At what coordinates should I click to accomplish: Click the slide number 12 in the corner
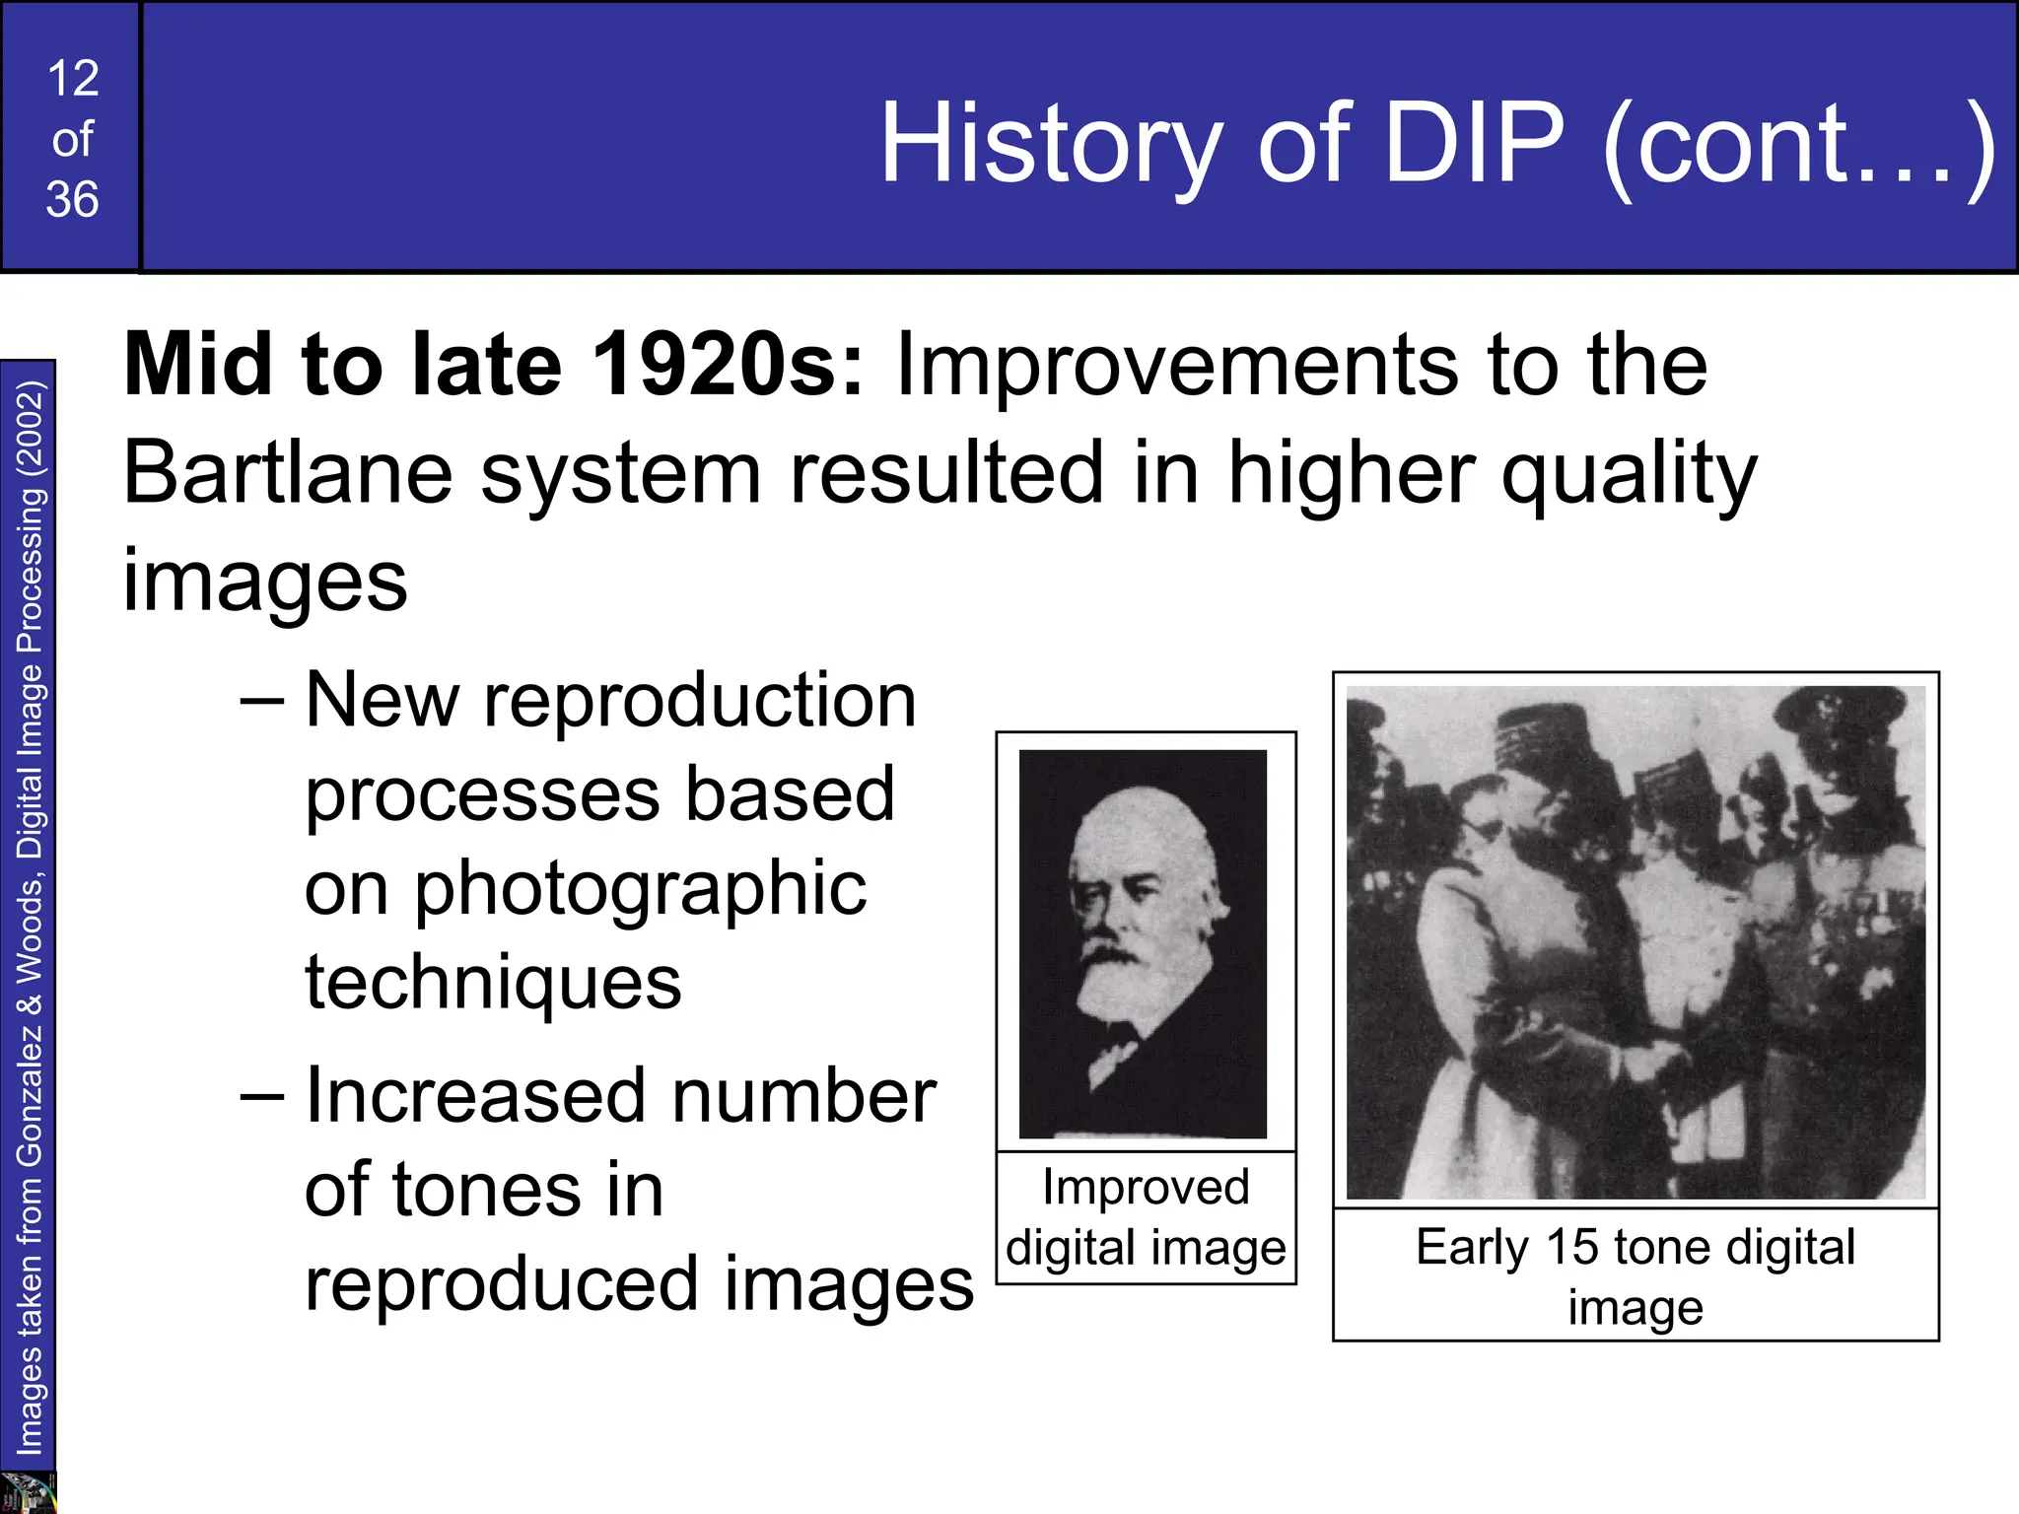pos(73,79)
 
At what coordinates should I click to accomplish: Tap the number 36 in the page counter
pos(72,200)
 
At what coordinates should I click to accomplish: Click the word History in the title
pos(1051,146)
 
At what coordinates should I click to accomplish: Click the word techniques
pos(493,983)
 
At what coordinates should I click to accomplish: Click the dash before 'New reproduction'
pos(262,702)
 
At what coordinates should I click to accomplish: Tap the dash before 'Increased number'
pos(262,1098)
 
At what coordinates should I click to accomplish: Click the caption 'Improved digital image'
pos(1146,1217)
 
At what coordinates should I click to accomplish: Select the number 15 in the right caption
pos(1572,1247)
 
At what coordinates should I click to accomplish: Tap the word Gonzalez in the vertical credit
pos(31,1094)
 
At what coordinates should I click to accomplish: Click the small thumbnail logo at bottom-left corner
pos(28,1492)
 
